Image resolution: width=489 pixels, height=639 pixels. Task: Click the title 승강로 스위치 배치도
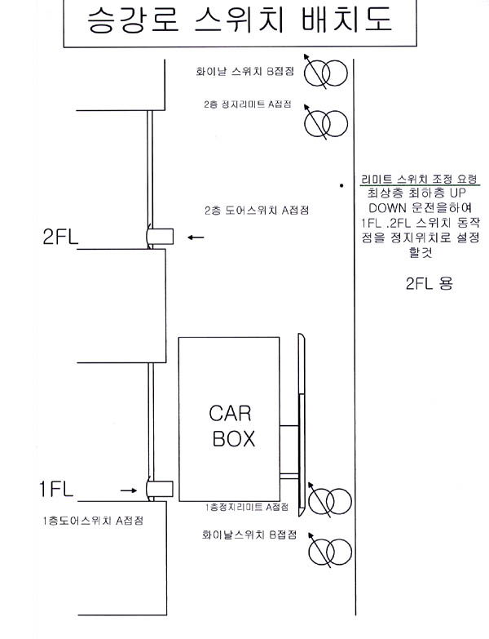[x=240, y=19]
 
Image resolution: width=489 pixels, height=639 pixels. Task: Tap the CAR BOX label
[x=232, y=426]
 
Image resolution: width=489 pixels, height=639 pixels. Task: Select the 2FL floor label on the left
[x=60, y=237]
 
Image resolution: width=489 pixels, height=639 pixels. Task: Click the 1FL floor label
[x=56, y=489]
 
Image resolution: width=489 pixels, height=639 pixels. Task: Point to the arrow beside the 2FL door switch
[x=196, y=237]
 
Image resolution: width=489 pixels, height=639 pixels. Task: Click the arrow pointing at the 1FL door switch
[x=129, y=490]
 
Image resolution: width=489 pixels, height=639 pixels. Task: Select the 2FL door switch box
[x=160, y=237]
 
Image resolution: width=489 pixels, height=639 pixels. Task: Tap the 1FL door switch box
[x=160, y=489]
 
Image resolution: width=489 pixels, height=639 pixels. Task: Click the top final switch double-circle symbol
[x=326, y=73]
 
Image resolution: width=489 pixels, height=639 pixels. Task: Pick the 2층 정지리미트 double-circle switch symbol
[x=326, y=122]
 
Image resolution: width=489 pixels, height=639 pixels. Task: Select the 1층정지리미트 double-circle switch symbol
[x=329, y=500]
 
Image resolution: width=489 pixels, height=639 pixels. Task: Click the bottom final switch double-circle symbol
[x=329, y=551]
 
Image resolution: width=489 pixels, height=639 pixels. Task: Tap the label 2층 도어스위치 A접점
[x=257, y=211]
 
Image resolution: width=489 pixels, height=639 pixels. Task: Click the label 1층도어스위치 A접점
[x=94, y=521]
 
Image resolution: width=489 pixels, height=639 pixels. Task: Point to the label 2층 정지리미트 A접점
[x=248, y=104]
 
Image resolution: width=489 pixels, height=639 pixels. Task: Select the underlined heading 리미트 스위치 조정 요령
[x=420, y=179]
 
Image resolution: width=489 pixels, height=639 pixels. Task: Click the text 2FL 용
[x=430, y=283]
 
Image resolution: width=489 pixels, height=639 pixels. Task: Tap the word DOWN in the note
[x=387, y=208]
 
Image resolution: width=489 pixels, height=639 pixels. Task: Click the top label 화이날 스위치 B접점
[x=244, y=71]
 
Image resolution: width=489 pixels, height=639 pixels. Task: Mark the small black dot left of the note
[x=341, y=185]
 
